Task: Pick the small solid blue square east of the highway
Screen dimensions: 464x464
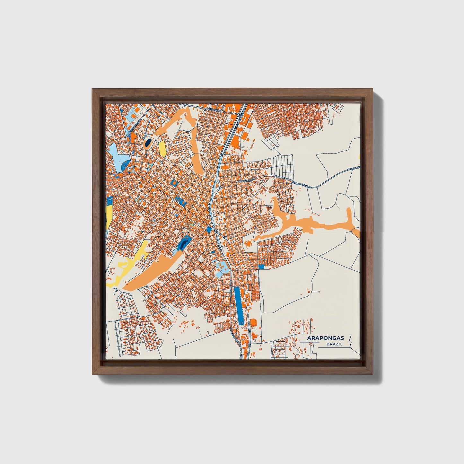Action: pos(261,266)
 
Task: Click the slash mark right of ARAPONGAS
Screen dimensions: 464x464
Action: pos(349,338)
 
